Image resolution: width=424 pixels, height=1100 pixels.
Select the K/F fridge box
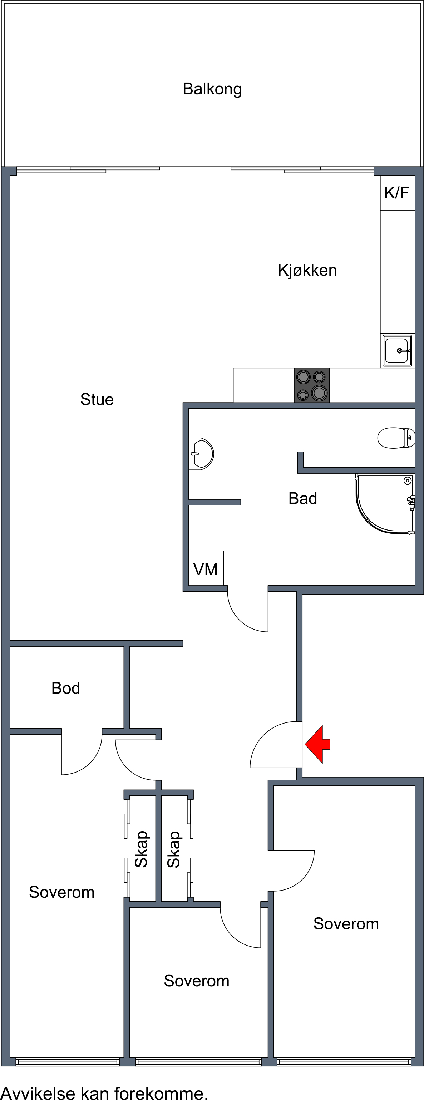397,193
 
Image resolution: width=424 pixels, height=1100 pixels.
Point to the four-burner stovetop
312,385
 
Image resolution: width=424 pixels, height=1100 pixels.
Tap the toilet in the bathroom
396,438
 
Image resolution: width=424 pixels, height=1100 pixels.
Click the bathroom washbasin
201,454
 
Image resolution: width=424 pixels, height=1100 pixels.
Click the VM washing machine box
206,568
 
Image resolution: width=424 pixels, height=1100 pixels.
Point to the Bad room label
303,498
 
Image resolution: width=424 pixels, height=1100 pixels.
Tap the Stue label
97,399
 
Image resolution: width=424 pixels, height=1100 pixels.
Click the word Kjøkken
307,270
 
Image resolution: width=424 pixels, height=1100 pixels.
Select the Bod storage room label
66,688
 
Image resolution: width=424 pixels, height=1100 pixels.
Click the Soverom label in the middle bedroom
196,981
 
